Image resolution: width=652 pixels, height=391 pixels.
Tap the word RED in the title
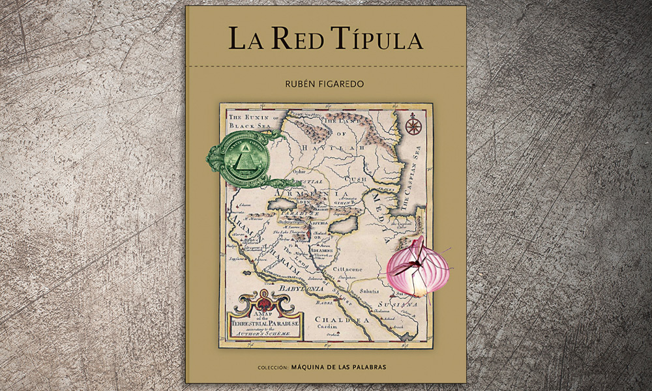pyautogui.click(x=299, y=39)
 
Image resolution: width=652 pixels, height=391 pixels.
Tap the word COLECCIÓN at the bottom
pyautogui.click(x=271, y=368)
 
